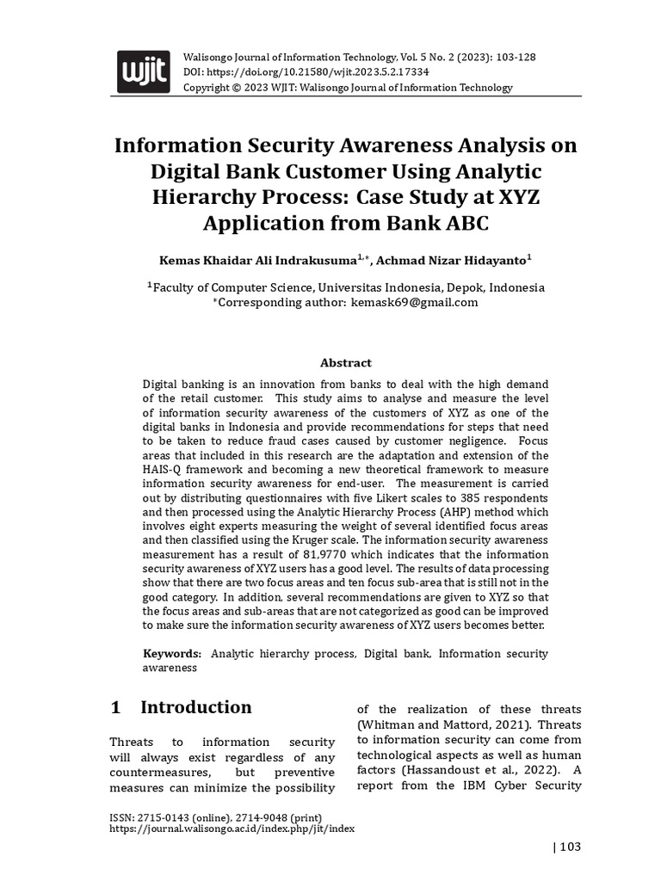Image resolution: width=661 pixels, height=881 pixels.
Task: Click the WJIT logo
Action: click(x=143, y=69)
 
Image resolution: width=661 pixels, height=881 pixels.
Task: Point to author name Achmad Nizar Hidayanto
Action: click(x=454, y=260)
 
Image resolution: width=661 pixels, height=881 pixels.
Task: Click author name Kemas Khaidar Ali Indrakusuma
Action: click(x=257, y=260)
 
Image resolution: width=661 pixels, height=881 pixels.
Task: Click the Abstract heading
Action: click(x=345, y=363)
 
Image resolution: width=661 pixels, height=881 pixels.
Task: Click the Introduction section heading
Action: click(x=195, y=707)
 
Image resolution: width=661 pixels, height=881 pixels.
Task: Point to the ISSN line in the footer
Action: click(x=216, y=816)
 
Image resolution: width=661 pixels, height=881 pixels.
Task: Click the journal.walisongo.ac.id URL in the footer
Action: click(x=232, y=829)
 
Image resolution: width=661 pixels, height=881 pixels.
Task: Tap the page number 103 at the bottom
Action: click(x=570, y=847)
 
